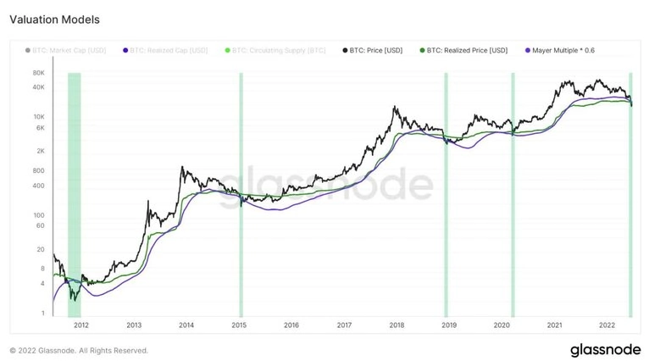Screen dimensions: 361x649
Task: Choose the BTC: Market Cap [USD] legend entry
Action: click(x=71, y=50)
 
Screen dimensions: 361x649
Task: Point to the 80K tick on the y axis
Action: click(x=38, y=75)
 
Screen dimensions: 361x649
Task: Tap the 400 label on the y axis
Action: click(x=39, y=186)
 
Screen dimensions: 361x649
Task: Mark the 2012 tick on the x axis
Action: click(x=81, y=325)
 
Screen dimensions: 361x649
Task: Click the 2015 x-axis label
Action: click(x=239, y=325)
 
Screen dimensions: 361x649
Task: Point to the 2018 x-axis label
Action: click(x=397, y=325)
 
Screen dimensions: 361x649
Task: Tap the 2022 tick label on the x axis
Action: click(x=607, y=325)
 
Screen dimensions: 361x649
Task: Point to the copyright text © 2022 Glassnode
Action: click(x=78, y=350)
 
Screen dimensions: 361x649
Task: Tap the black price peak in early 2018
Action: click(x=396, y=108)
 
